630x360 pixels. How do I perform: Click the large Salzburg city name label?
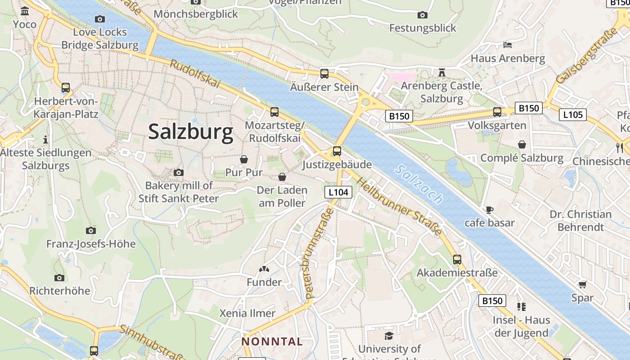pyautogui.click(x=191, y=132)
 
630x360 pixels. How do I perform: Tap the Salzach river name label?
pyautogui.click(x=418, y=184)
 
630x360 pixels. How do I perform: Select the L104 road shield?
pyautogui.click(x=338, y=192)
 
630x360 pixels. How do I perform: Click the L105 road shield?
pyautogui.click(x=573, y=115)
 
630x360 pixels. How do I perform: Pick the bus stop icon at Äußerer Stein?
pyautogui.click(x=324, y=74)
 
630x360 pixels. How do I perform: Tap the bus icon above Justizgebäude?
pyautogui.click(x=337, y=151)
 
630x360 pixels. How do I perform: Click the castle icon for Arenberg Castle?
pyautogui.click(x=441, y=72)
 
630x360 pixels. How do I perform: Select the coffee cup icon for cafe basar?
pyautogui.click(x=490, y=210)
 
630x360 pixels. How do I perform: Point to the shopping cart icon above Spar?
pyautogui.click(x=582, y=284)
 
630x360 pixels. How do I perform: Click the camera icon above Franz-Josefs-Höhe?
pyautogui.click(x=91, y=231)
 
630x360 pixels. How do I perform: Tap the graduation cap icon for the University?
pyautogui.click(x=389, y=336)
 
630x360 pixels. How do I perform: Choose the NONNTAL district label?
pyautogui.click(x=272, y=342)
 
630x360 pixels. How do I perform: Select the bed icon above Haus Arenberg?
pyautogui.click(x=507, y=45)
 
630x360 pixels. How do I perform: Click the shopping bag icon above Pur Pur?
pyautogui.click(x=243, y=159)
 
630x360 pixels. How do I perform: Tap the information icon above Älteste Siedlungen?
pyautogui.click(x=45, y=139)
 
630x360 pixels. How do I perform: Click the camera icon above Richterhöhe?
pyautogui.click(x=59, y=278)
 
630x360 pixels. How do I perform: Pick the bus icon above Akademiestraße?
pyautogui.click(x=457, y=260)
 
